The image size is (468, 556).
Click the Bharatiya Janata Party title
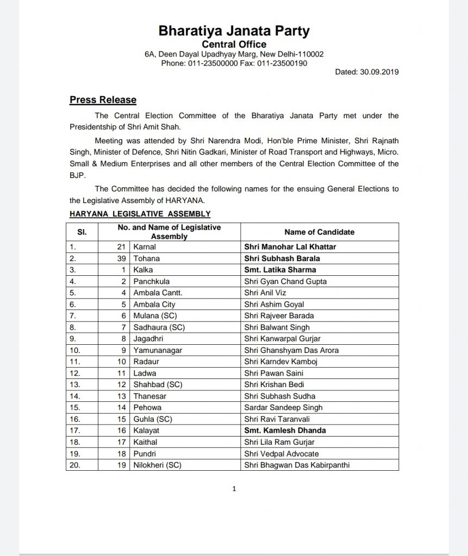click(234, 30)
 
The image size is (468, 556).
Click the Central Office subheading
click(234, 44)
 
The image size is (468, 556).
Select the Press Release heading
click(103, 100)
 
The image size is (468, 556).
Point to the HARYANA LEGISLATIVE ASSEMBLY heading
click(140, 214)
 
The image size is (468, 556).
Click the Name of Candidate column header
click(319, 232)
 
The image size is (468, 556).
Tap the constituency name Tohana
click(146, 258)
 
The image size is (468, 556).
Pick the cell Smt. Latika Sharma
click(280, 270)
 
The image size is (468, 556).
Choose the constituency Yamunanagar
click(158, 350)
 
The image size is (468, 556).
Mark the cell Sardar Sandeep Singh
click(283, 407)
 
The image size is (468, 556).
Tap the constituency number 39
click(123, 258)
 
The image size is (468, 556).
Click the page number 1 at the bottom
click(234, 489)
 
